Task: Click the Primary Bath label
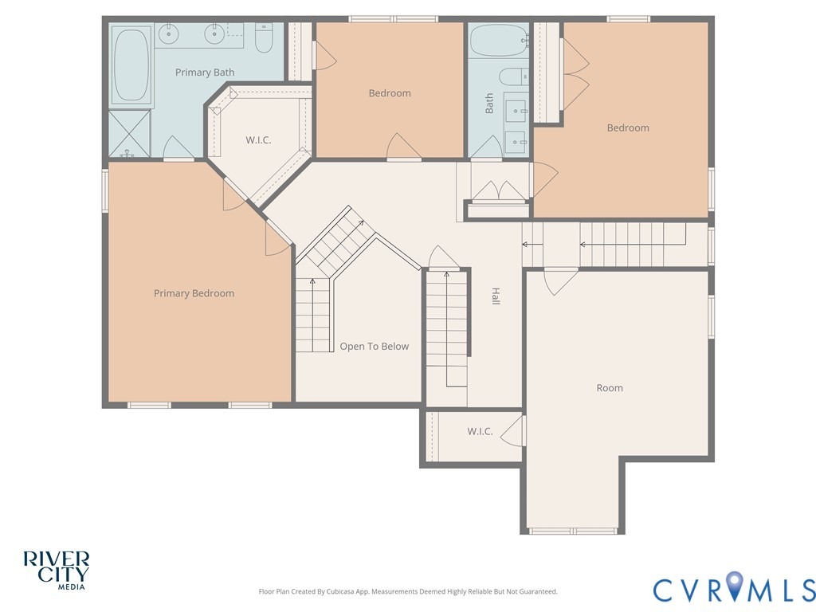pos(205,73)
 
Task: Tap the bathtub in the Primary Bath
pos(131,65)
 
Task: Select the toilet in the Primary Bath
pos(264,38)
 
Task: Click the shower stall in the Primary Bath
pos(130,134)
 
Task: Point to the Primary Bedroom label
pos(194,293)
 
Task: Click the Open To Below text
pos(375,347)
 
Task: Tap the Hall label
pos(496,296)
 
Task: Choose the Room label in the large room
pos(610,388)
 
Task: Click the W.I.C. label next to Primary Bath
pos(258,140)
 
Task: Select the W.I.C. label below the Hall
pos(480,431)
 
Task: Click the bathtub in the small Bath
pos(499,40)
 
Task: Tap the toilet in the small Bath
pos(514,77)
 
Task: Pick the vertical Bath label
pos(489,104)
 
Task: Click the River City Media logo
pos(57,571)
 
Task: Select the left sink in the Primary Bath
pos(169,35)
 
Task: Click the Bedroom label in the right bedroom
pos(628,128)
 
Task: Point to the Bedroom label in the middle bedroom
pos(390,94)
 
